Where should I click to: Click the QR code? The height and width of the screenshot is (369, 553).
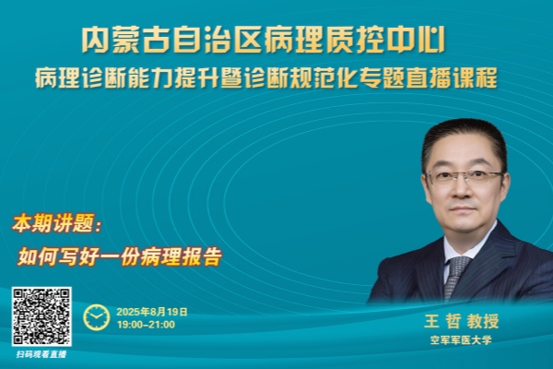[x=41, y=316]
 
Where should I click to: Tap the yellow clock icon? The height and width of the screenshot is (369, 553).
[x=96, y=317]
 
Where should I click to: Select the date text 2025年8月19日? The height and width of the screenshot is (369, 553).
[x=152, y=312]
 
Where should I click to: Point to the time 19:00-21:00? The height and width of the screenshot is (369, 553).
[x=146, y=325]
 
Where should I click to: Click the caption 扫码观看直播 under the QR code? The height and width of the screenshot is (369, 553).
[x=41, y=354]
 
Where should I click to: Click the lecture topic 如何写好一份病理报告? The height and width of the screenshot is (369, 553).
[x=120, y=256]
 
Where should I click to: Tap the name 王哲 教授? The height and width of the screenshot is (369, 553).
[x=462, y=321]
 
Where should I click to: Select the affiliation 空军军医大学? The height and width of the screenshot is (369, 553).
[x=461, y=340]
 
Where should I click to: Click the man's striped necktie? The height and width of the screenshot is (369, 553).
[x=455, y=277]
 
